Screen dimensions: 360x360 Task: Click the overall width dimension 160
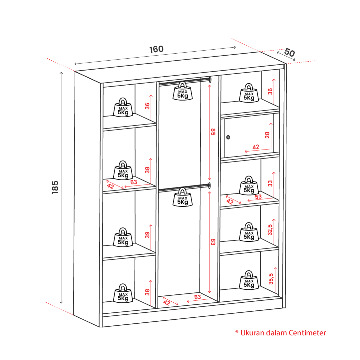157,49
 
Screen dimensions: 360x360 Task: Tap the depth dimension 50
289,53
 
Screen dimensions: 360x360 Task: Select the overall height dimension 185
55,187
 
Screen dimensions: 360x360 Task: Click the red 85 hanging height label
213,132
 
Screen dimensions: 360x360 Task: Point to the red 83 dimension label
213,242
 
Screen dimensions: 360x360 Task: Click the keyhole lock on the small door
228,137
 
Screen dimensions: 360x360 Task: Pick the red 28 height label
267,135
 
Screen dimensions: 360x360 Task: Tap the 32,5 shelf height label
270,229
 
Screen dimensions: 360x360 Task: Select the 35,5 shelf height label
271,278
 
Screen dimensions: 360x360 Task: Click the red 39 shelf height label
147,235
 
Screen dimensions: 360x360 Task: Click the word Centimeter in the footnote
307,333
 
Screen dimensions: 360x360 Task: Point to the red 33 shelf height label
270,183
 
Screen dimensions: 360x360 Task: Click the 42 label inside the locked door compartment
256,147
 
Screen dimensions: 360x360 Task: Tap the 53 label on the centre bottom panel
197,297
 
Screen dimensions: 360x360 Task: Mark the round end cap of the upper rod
210,80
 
